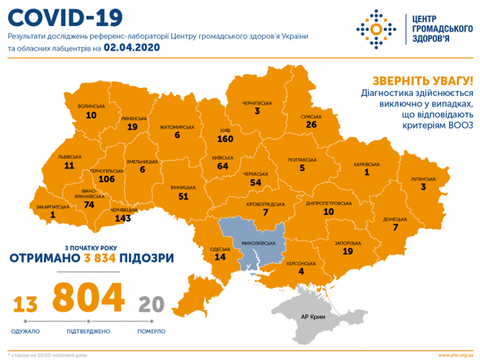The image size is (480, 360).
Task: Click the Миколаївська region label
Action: [x=257, y=243]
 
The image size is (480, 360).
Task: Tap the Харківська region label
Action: [x=367, y=163]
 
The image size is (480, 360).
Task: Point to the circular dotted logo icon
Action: [x=375, y=29]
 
